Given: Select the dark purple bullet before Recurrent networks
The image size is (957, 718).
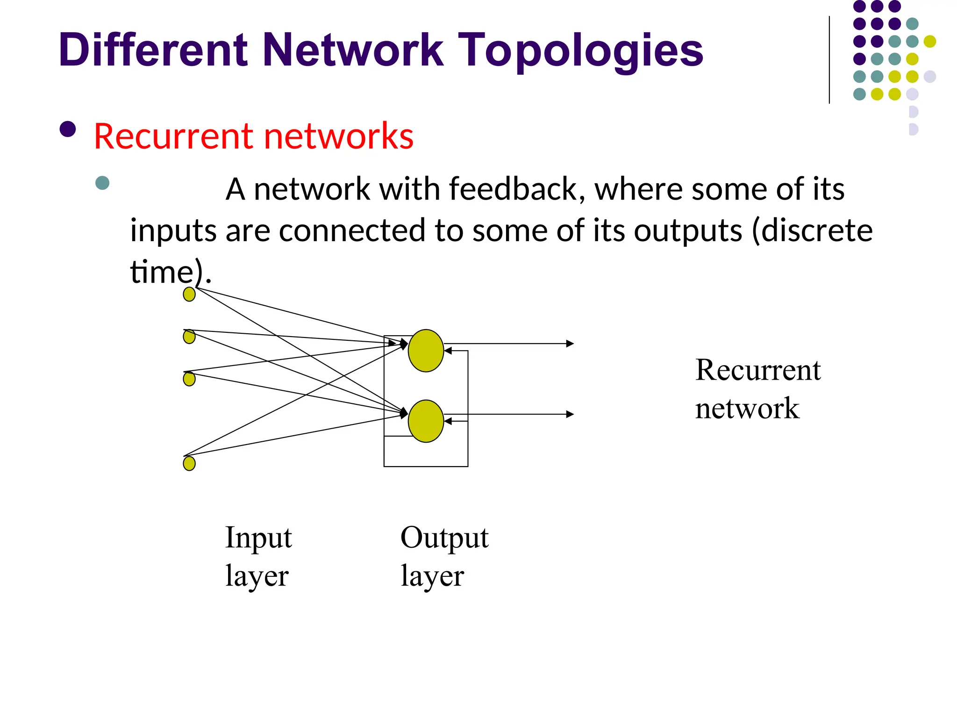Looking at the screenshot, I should (x=68, y=129).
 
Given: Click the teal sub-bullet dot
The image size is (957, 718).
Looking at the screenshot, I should (x=102, y=183).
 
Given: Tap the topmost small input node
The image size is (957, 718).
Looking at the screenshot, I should (x=189, y=294).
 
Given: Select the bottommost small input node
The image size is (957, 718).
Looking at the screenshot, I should (x=189, y=463).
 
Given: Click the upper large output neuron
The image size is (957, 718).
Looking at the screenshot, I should (x=426, y=351).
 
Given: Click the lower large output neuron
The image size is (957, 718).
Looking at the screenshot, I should (x=426, y=421).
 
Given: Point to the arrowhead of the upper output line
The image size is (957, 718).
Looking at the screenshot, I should (x=570, y=344).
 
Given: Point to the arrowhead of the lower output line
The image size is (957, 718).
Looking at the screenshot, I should (x=570, y=414).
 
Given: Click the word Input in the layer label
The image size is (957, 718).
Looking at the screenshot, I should (x=258, y=538).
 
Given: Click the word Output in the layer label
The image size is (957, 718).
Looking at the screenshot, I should (x=444, y=538).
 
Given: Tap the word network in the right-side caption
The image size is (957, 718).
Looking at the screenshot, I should (x=747, y=408).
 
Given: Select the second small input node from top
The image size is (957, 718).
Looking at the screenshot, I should (x=189, y=337).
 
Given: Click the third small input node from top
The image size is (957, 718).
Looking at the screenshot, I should (x=189, y=379).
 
